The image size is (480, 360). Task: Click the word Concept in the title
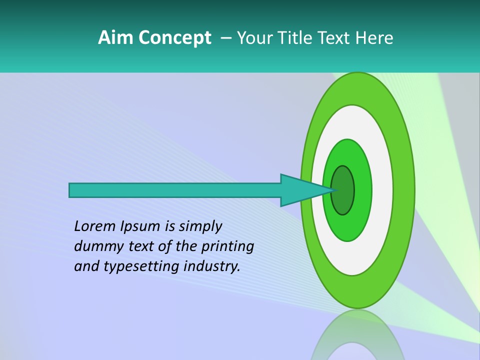(x=174, y=38)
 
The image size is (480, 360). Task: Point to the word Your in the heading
(x=254, y=38)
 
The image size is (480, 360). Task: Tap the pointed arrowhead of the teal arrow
(x=310, y=190)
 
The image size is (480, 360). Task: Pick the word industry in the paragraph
(x=212, y=266)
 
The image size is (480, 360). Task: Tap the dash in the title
(x=226, y=38)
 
